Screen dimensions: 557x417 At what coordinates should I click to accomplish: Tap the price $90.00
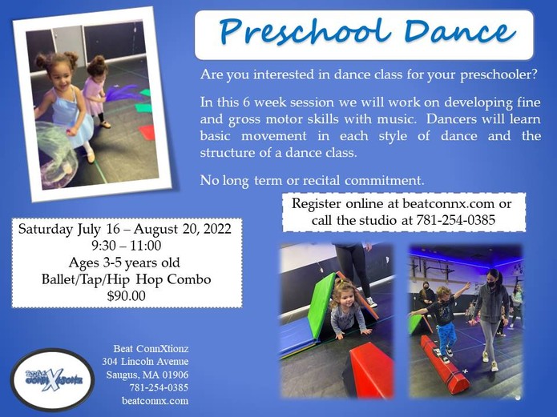coord(127,296)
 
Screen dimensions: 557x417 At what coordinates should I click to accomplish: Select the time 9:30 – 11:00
coord(127,246)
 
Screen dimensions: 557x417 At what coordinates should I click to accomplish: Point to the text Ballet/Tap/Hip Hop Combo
coord(127,279)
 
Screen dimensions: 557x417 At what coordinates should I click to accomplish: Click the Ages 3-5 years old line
coord(124,263)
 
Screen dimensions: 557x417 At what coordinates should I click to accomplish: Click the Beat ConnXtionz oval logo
coord(53,379)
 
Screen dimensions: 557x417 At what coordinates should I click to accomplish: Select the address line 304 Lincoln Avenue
coord(145,362)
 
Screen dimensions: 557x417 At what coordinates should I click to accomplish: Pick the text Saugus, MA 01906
coord(147,375)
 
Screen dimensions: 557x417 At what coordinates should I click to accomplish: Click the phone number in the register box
coord(456,220)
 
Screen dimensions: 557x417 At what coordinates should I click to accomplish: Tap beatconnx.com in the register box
coord(448,204)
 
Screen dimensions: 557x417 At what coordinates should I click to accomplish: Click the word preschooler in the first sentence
coord(498,75)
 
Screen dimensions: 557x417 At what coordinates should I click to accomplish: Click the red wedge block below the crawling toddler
coord(370,369)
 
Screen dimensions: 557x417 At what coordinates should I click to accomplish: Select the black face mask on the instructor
coord(491,284)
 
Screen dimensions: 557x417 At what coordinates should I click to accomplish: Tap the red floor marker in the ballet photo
coord(147,132)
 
